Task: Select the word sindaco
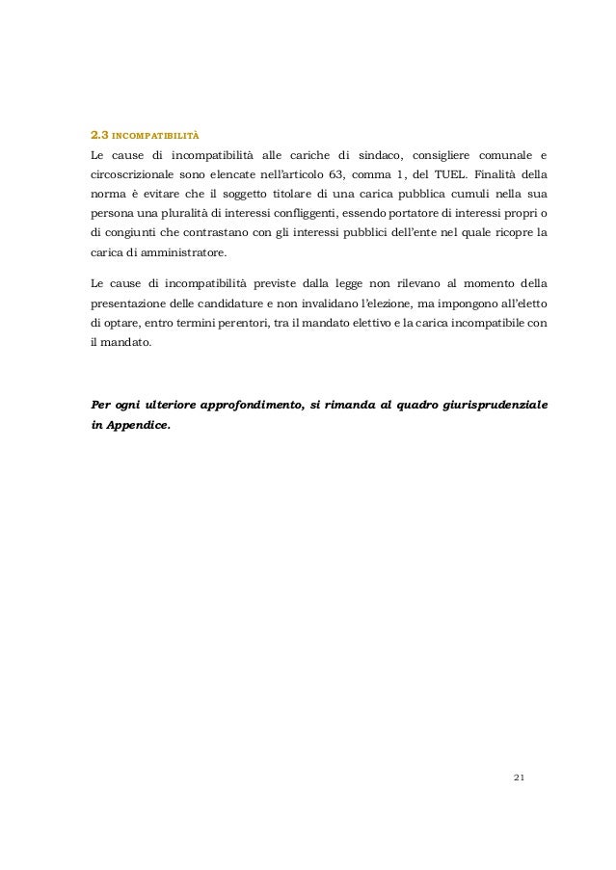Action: (x=370, y=157)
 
